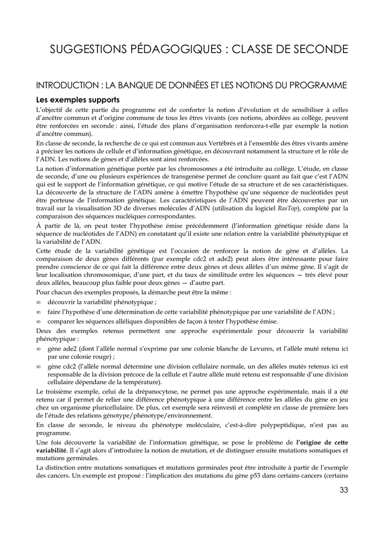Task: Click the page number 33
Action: pyautogui.click(x=344, y=490)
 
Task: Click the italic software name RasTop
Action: pyautogui.click(x=283, y=209)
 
